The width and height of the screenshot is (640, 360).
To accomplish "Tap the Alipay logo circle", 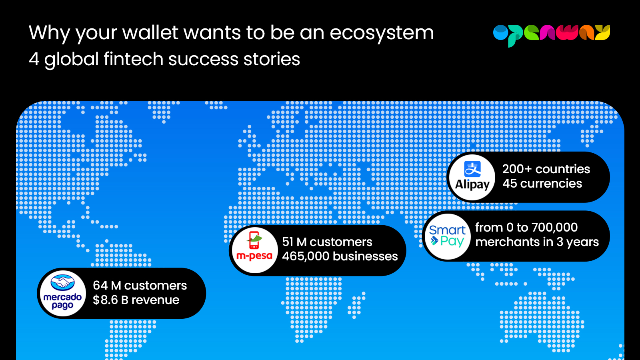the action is point(472,178).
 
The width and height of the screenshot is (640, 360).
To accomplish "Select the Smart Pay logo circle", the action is point(448,236).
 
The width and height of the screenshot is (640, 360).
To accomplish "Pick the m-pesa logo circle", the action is point(254,250).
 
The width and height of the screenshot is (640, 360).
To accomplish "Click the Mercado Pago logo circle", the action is point(62,294).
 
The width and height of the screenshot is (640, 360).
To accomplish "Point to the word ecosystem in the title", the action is point(382,33).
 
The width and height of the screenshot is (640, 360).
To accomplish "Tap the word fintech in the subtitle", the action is point(134,59).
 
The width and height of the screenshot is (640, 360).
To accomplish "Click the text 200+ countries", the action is point(546,169).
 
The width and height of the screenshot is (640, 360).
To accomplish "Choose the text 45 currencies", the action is point(542,184).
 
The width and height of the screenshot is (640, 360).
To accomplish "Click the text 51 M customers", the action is point(327,242).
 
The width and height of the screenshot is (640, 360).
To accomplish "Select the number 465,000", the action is point(306,256).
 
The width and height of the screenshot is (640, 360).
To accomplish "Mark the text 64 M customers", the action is point(140,286).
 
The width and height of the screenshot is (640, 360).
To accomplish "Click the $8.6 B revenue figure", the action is point(136,300).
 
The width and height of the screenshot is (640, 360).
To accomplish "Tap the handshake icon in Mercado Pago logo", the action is point(62,282).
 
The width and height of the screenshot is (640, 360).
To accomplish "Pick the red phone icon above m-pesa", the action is point(254,240).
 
